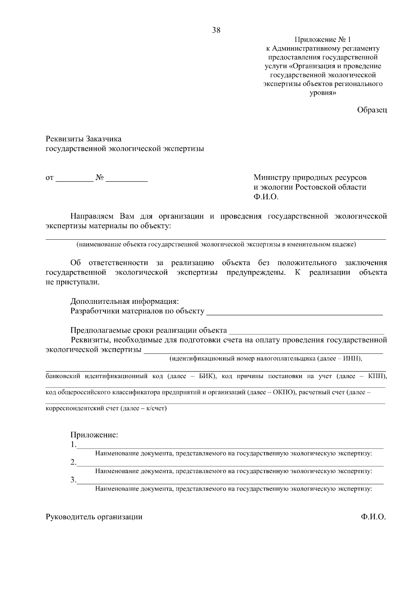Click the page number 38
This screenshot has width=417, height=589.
coord(216,30)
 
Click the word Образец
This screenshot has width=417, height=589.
coord(372,110)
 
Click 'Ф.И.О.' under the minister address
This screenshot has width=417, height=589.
coord(266,197)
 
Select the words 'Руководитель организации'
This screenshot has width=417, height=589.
coord(94,517)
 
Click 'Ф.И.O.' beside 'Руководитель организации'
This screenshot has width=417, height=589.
coord(373,517)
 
